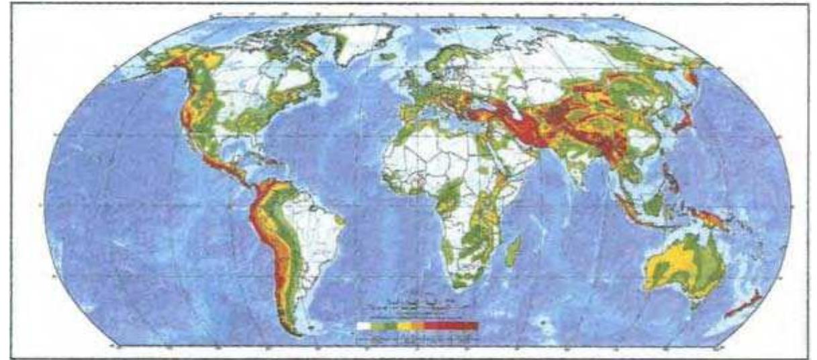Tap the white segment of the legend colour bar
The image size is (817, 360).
point(365,326)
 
